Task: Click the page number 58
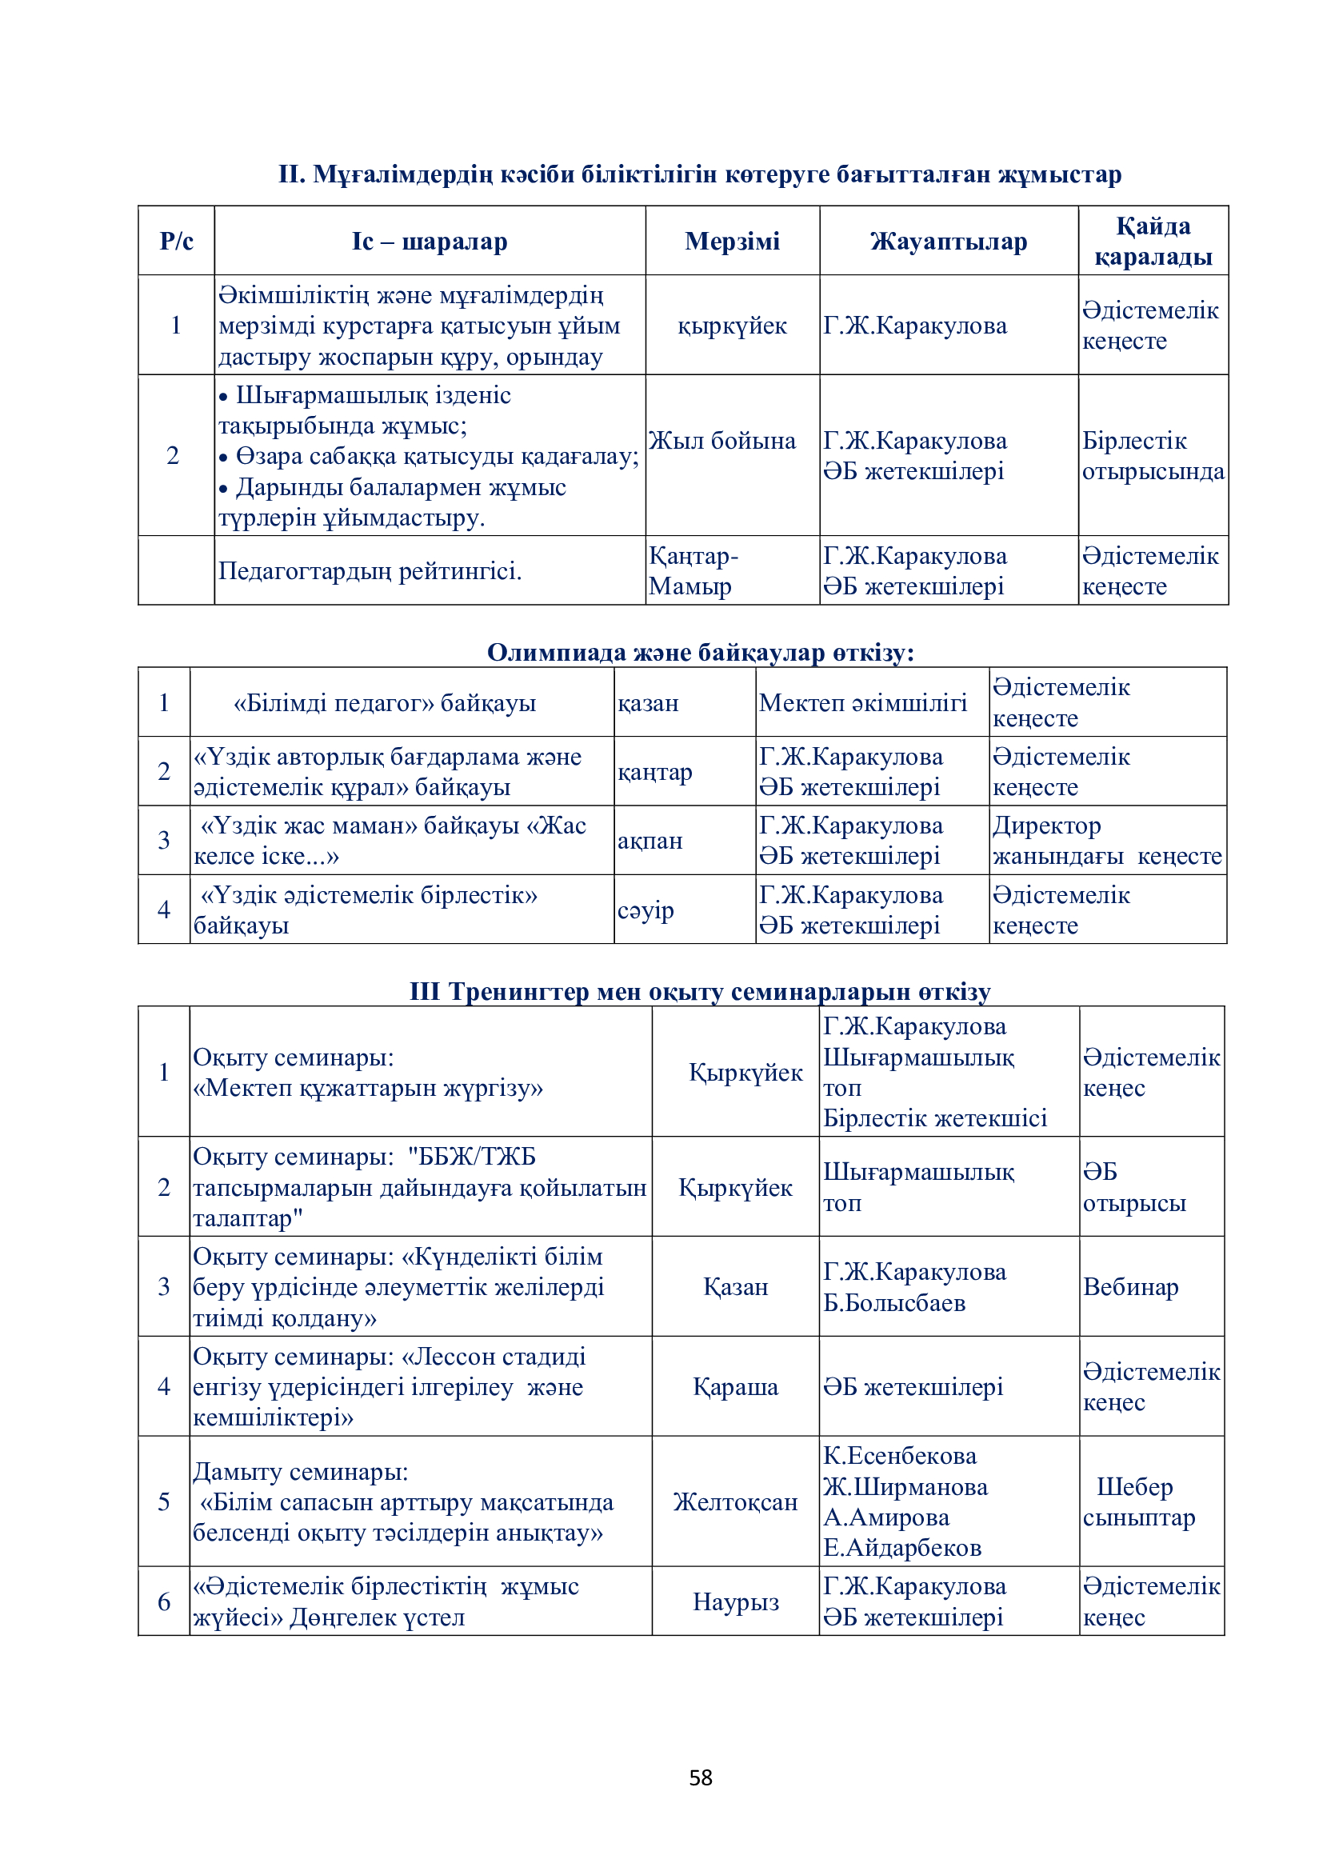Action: coord(700,1777)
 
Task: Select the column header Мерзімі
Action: coord(732,242)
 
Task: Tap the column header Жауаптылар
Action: coord(949,242)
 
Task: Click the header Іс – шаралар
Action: coord(430,242)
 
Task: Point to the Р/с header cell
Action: coord(176,242)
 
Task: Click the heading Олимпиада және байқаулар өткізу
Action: coord(700,652)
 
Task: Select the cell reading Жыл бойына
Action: coord(721,441)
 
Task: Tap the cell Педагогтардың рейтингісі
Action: coord(369,570)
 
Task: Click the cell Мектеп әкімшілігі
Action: coord(863,702)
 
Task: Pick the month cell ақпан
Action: coord(650,840)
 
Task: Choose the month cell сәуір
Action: coord(646,910)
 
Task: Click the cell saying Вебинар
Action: coord(1130,1287)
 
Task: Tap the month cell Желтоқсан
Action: coord(735,1502)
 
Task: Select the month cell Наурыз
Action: coord(736,1601)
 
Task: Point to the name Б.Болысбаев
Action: coord(893,1303)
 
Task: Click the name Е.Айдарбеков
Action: coord(901,1548)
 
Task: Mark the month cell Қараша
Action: coord(735,1386)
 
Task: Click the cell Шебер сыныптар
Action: coord(1138,1502)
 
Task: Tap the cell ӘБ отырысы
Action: coord(1133,1187)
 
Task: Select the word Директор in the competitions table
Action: coord(1046,826)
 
